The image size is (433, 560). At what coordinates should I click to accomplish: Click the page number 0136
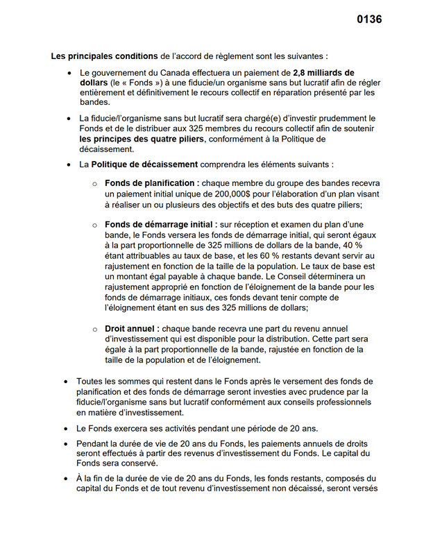tap(369, 19)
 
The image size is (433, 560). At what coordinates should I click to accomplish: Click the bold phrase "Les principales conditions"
tap(105, 55)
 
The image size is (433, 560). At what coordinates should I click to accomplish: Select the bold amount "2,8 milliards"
tap(321, 72)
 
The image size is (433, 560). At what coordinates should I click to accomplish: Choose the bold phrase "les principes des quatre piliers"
tap(142, 139)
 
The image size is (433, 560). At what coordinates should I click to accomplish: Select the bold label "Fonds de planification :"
tap(152, 183)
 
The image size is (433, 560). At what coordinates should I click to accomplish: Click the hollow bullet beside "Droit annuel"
tap(95, 329)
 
